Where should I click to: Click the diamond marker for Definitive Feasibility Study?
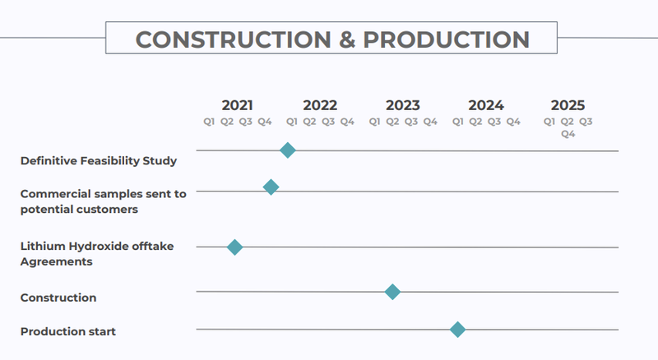(x=287, y=150)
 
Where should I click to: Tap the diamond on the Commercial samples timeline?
(x=271, y=187)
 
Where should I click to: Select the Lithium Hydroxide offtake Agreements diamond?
(x=234, y=247)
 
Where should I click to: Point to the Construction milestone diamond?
(x=392, y=292)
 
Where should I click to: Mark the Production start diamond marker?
(x=457, y=330)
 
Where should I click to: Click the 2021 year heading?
(x=237, y=105)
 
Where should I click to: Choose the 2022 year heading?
(x=320, y=105)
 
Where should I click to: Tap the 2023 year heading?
(x=403, y=105)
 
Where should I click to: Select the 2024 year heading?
(x=486, y=105)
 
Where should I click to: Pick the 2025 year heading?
(x=568, y=105)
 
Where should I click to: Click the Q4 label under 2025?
(x=568, y=134)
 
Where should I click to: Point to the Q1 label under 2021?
(x=209, y=122)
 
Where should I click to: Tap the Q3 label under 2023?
(x=411, y=122)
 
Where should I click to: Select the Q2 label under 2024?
(x=475, y=122)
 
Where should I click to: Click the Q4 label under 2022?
(x=347, y=122)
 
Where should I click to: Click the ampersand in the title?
(x=347, y=39)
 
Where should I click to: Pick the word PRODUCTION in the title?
(x=446, y=39)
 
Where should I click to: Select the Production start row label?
(x=68, y=331)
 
